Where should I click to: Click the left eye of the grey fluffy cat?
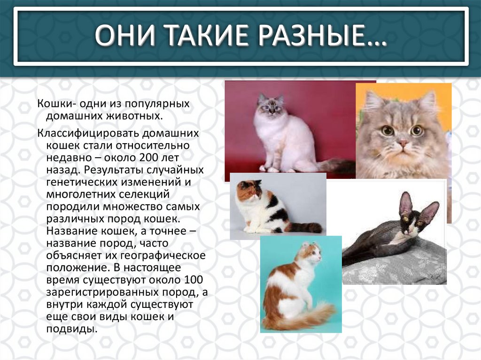pos(387,130)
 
